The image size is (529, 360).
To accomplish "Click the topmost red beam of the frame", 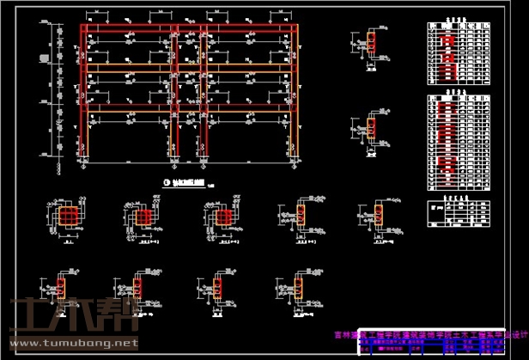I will coord(189,28).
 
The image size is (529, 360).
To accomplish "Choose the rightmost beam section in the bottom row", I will coord(297,288).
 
